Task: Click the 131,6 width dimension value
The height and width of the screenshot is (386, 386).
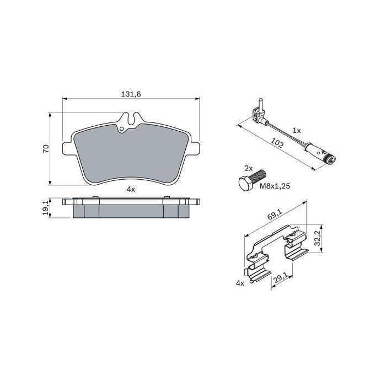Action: [x=131, y=94]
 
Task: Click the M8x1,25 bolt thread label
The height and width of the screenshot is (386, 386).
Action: [x=274, y=186]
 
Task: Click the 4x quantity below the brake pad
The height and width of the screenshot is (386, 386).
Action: [x=131, y=189]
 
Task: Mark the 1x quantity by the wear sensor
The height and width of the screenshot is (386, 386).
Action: [x=297, y=131]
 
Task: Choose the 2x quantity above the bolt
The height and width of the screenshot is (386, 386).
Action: [x=248, y=167]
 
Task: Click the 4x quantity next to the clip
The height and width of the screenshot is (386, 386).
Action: [x=239, y=282]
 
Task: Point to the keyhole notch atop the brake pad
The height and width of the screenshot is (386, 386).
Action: [x=131, y=118]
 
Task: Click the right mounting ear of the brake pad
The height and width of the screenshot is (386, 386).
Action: [x=194, y=148]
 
